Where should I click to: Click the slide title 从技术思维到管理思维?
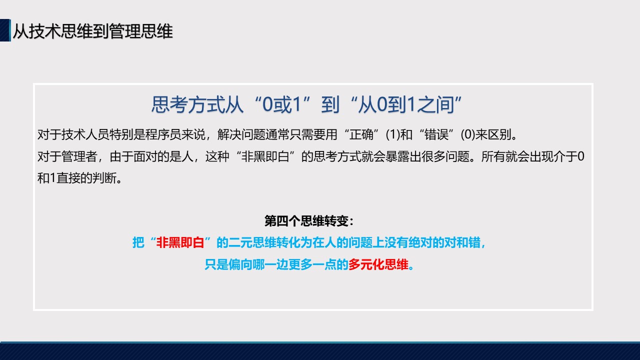pyautogui.click(x=93, y=31)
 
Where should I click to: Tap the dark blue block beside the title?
pyautogui.click(x=5, y=30)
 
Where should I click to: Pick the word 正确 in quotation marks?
pyautogui.click(x=361, y=134)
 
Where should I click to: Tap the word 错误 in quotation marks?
pyautogui.click(x=436, y=134)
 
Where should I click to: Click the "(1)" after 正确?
pyautogui.click(x=393, y=134)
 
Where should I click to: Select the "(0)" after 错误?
pyautogui.click(x=468, y=134)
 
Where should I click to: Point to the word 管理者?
pyautogui.click(x=79, y=156)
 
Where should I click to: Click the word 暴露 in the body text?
pyautogui.click(x=397, y=156)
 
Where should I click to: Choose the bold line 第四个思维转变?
pyautogui.click(x=309, y=221)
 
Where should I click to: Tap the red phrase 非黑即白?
pyautogui.click(x=180, y=242)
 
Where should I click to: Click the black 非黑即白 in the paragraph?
pyautogui.click(x=265, y=156)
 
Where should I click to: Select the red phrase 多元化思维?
pyautogui.click(x=378, y=264)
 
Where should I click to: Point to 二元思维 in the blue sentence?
pyautogui.click(x=252, y=242)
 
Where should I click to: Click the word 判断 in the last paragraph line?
pyautogui.click(x=104, y=178)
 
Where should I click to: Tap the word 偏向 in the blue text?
pyautogui.click(x=240, y=264)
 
